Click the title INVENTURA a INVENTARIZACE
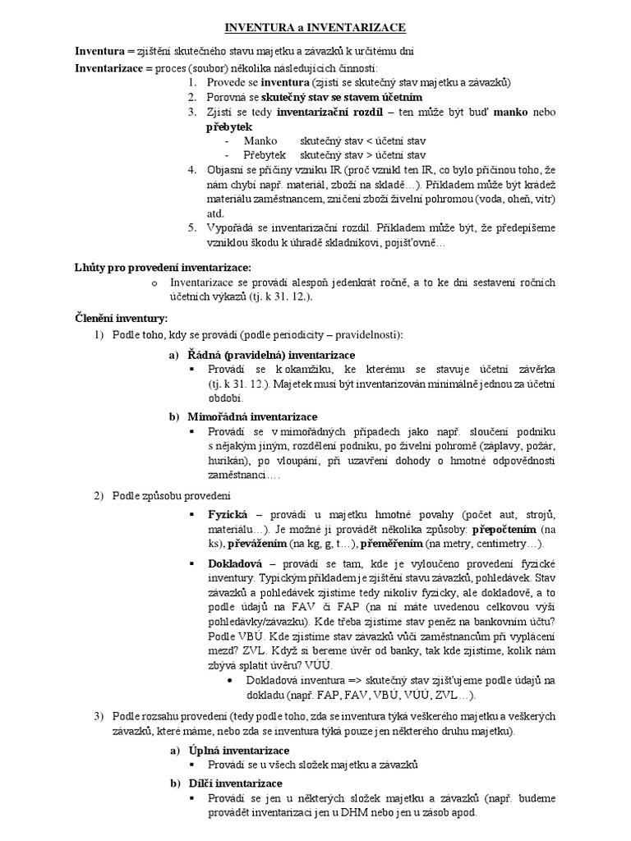[x=315, y=28]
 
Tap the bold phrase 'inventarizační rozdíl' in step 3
[x=326, y=112]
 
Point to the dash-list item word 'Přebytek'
[x=265, y=154]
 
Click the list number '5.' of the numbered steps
[x=191, y=228]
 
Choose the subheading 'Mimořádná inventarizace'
[x=252, y=416]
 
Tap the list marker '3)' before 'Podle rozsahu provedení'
[x=98, y=717]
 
